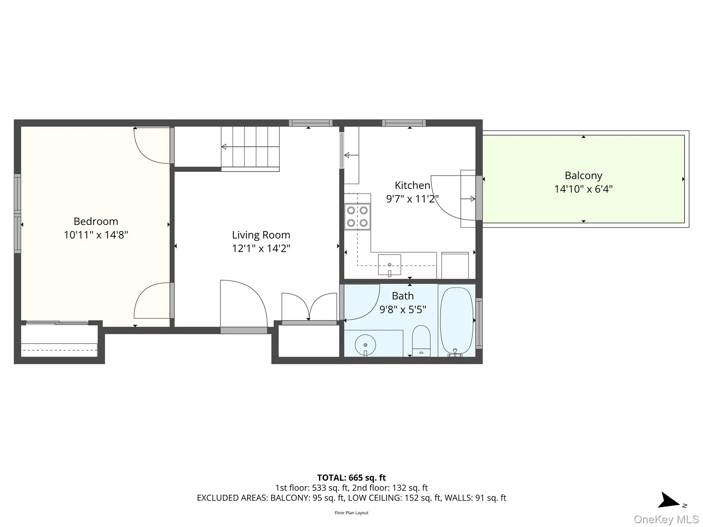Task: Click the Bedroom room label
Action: click(96, 221)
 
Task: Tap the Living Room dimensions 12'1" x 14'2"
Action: click(261, 248)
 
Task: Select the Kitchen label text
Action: click(412, 186)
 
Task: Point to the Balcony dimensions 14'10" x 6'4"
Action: click(583, 189)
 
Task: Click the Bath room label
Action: click(403, 296)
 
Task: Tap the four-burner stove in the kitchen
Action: click(357, 216)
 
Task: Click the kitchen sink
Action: click(389, 265)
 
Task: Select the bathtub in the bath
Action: click(457, 320)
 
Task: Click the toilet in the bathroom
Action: click(421, 340)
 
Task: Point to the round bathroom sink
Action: click(365, 344)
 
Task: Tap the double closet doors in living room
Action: click(309, 306)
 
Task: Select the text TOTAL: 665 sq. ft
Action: click(351, 478)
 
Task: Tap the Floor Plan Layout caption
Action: click(351, 513)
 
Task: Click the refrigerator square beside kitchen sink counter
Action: click(455, 266)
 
